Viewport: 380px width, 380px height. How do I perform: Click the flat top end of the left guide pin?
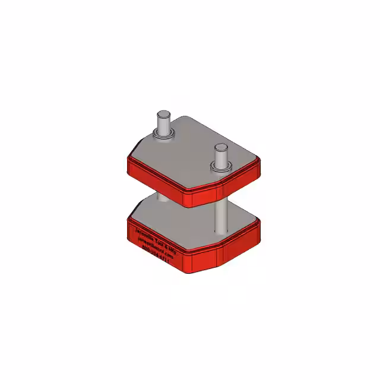pyautogui.click(x=162, y=114)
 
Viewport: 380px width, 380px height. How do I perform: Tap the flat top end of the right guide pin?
pyautogui.click(x=220, y=147)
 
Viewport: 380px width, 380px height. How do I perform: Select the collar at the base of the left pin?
pyautogui.click(x=163, y=136)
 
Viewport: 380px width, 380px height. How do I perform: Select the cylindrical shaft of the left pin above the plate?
pyautogui.click(x=162, y=125)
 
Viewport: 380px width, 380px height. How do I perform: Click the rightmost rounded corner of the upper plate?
pyautogui.click(x=258, y=166)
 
